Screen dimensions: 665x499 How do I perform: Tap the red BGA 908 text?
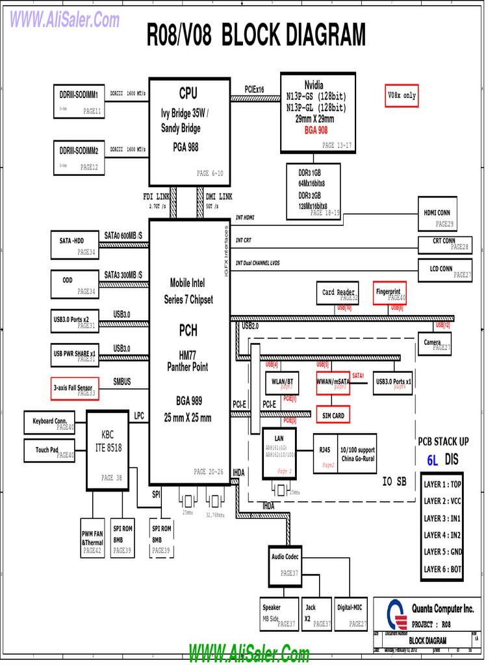pyautogui.click(x=316, y=131)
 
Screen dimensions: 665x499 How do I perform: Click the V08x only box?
pyautogui.click(x=401, y=95)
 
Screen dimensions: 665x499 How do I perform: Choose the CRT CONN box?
pyautogui.click(x=444, y=244)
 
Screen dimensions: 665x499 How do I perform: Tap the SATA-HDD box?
pyautogui.click(x=75, y=245)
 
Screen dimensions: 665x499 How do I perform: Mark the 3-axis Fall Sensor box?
pyautogui.click(x=75, y=388)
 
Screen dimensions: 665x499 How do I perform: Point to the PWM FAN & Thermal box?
pyautogui.click(x=92, y=537)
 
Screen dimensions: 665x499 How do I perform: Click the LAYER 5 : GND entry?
pyautogui.click(x=442, y=552)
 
